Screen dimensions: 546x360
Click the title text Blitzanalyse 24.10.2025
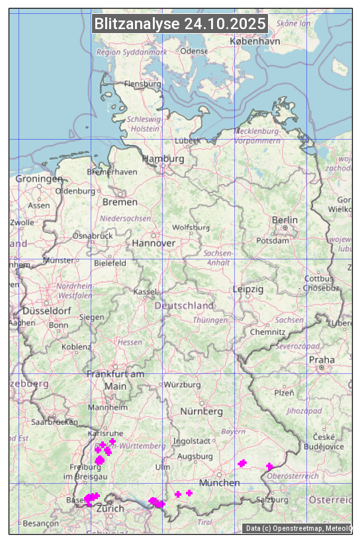click(180, 24)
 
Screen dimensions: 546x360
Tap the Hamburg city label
click(163, 159)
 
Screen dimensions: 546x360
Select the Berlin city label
click(285, 220)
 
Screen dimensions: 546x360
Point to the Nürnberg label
click(201, 412)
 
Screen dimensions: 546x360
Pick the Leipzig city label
click(248, 289)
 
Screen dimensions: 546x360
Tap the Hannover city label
click(154, 243)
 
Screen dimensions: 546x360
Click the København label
click(255, 41)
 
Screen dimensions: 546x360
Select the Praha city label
click(322, 360)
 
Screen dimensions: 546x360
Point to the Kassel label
click(144, 292)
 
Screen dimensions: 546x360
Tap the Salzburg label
click(272, 500)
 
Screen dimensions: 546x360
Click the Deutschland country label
click(184, 306)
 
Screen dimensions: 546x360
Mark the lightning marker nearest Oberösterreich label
click(269, 467)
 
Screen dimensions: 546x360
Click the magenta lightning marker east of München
click(242, 463)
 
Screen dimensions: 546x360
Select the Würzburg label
click(182, 385)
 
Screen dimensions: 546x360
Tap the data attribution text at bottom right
click(298, 528)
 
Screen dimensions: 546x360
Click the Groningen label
click(39, 179)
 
